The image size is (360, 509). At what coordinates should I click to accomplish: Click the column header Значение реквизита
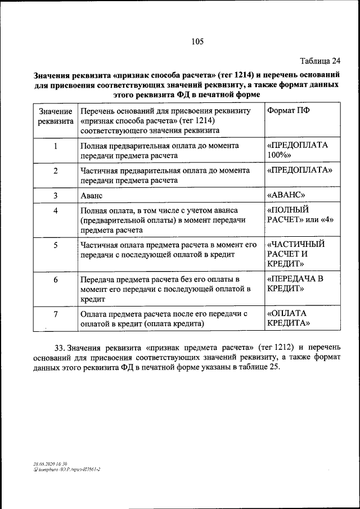[x=56, y=116]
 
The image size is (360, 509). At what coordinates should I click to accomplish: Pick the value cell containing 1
[x=56, y=146]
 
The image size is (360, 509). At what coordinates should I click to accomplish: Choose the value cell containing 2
[x=56, y=170]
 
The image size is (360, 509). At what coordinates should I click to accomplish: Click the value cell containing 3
[x=56, y=196]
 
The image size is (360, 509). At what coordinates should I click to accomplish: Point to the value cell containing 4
[x=56, y=211]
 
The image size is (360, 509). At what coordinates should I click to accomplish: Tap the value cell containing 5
[x=56, y=246]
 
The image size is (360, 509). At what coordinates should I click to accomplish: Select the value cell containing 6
[x=56, y=280]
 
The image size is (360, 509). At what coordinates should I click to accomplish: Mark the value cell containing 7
[x=56, y=314]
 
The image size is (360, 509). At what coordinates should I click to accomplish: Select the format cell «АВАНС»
[x=286, y=196]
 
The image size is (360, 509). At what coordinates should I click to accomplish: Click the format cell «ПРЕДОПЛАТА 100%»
[x=298, y=150]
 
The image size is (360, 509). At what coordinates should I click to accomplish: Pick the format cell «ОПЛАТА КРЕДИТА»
[x=289, y=318]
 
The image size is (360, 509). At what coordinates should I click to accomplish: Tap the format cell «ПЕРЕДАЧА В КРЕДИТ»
[x=295, y=284]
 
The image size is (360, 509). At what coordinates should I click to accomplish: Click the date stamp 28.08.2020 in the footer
[x=43, y=463]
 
